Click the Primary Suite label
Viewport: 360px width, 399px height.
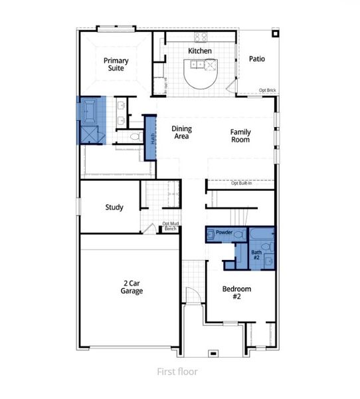coord(116,65)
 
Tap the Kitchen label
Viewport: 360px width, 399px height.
coord(199,51)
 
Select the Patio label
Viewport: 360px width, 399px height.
coord(257,59)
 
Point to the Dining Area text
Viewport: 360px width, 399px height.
coord(181,132)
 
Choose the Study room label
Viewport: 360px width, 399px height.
coord(114,207)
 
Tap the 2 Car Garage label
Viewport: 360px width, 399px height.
coord(132,287)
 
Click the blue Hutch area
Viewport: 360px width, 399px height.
coord(151,138)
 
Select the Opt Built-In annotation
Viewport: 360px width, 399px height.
coord(241,184)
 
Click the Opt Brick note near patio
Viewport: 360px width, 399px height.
coord(267,90)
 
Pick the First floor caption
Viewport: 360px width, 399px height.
coord(177,372)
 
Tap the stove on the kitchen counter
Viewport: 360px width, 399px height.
coord(201,37)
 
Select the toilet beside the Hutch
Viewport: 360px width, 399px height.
coord(135,136)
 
